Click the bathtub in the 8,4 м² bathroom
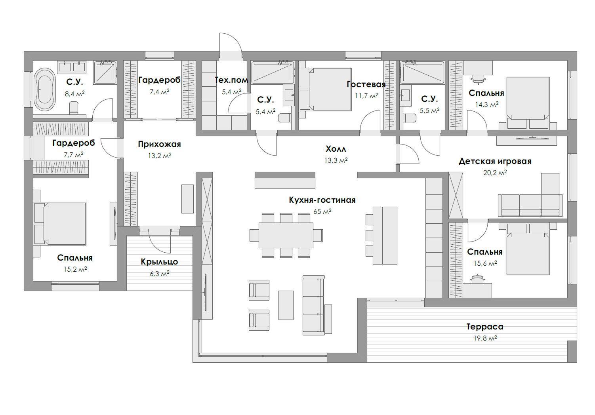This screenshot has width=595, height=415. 45,89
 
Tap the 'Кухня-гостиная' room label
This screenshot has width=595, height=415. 322,200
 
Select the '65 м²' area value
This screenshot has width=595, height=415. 322,211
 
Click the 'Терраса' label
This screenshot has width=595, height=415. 485,327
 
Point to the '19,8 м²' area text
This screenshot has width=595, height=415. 485,338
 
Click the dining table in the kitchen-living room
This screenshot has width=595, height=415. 286,235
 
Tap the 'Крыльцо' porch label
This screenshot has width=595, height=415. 159,262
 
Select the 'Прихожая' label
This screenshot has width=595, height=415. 159,144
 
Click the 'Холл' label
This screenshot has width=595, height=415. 336,149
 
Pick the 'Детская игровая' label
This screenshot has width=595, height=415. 495,161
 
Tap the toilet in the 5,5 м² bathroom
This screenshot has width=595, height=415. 409,118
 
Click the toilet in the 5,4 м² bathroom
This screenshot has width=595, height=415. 284,118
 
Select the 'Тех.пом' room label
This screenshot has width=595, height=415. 231,80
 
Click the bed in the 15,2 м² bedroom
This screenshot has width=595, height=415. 60,224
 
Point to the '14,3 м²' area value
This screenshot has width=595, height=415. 486,105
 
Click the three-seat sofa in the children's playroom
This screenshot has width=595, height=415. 530,206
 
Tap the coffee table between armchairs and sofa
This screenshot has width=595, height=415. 286,305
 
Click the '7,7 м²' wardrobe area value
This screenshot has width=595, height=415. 74,154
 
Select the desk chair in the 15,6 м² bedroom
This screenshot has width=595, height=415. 478,278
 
